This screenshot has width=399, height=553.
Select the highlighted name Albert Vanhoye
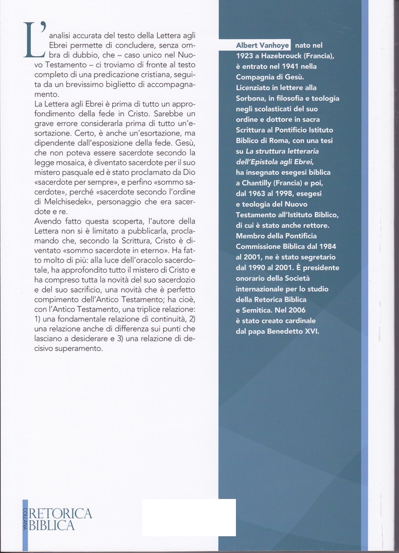[x=263, y=45]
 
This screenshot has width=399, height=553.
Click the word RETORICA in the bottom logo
[x=60, y=514]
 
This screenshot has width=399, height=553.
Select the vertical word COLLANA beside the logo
[x=25, y=519]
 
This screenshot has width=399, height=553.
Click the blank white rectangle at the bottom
[x=188, y=517]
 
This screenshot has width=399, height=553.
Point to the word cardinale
[x=296, y=321]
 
